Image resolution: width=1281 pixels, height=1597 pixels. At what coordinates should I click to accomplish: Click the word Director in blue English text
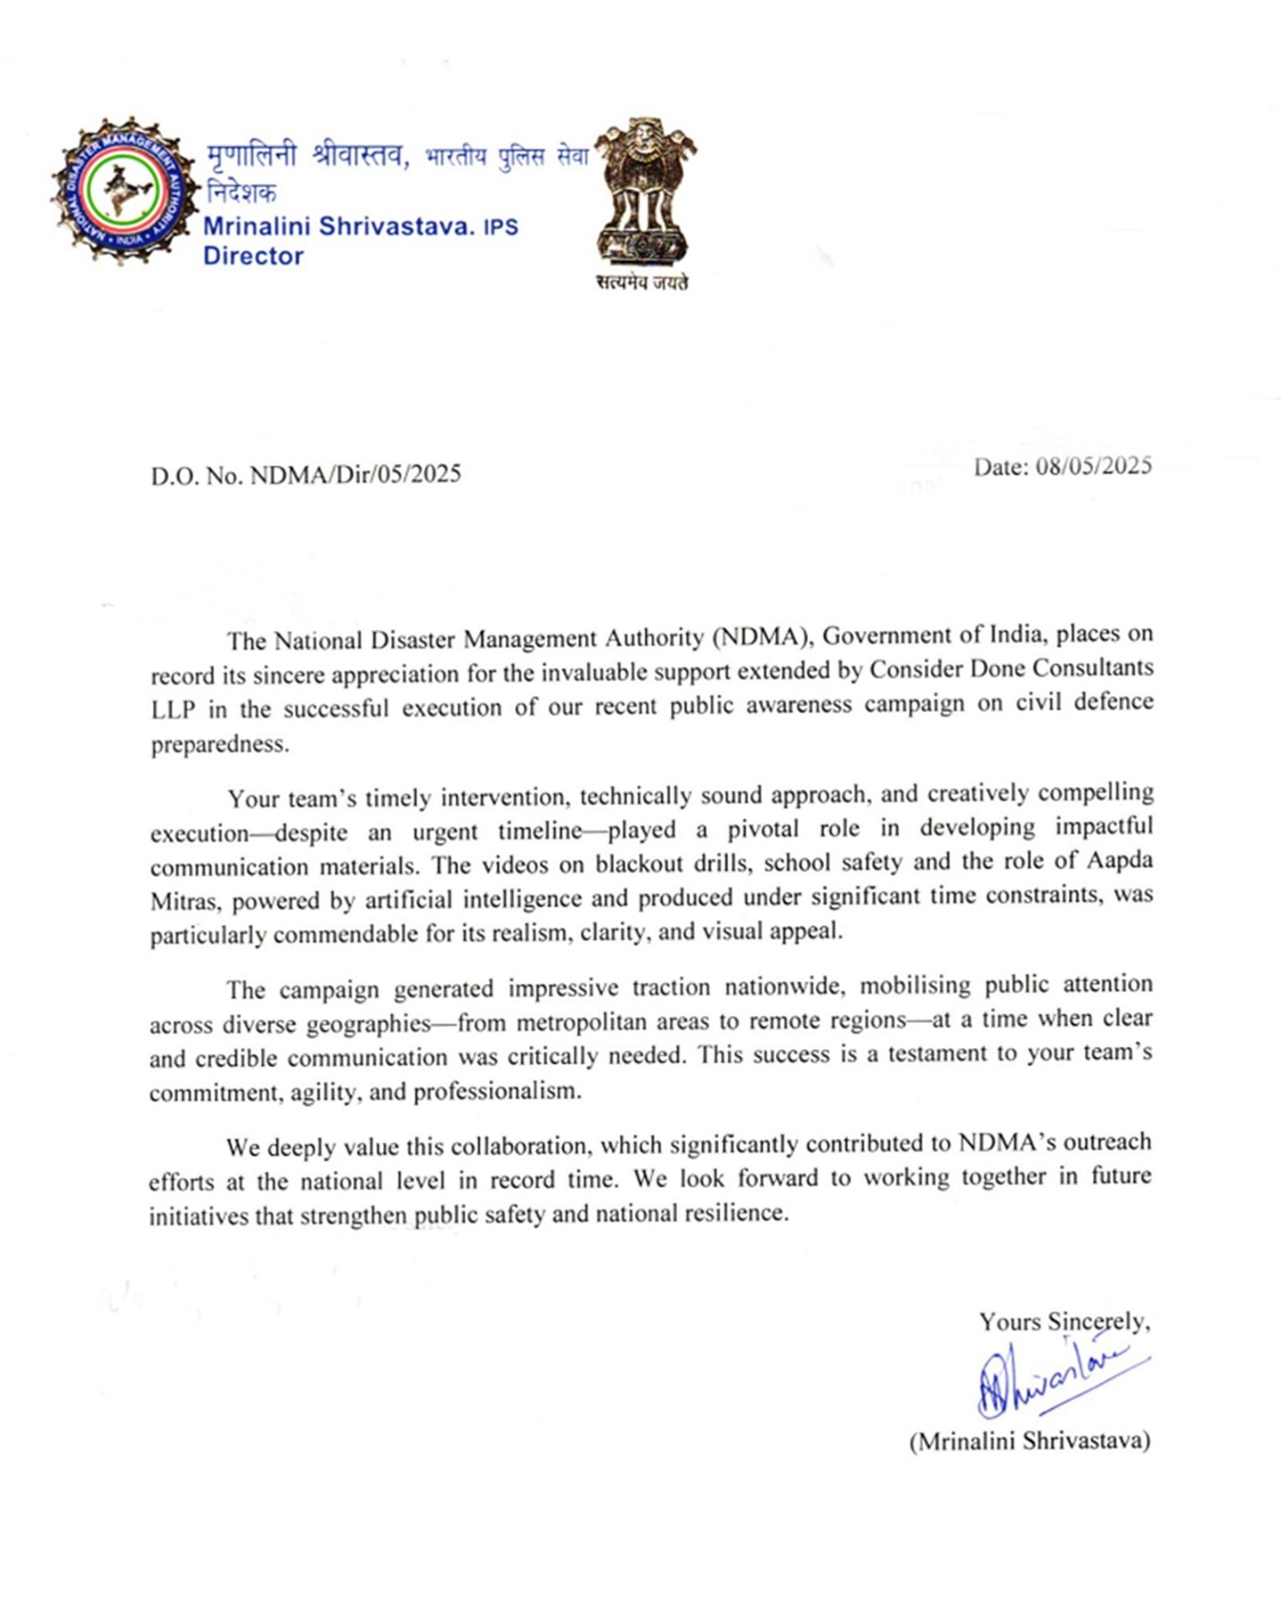pyautogui.click(x=254, y=256)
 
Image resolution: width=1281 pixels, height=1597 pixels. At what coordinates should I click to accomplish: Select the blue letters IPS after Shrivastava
pyautogui.click(x=500, y=227)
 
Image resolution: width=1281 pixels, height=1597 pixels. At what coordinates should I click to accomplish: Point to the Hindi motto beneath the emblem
pyautogui.click(x=642, y=282)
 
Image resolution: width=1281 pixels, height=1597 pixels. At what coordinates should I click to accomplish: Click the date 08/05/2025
pyautogui.click(x=1093, y=466)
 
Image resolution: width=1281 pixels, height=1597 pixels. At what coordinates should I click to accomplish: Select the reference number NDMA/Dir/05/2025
pyautogui.click(x=355, y=474)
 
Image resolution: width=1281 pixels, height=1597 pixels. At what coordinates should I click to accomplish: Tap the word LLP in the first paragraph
pyautogui.click(x=175, y=709)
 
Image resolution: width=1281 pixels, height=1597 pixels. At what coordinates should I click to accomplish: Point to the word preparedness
pyautogui.click(x=220, y=745)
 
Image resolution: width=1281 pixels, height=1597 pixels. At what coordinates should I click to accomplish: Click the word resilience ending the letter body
pyautogui.click(x=736, y=1214)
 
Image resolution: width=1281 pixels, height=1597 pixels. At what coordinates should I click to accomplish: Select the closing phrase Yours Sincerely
pyautogui.click(x=1063, y=1322)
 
